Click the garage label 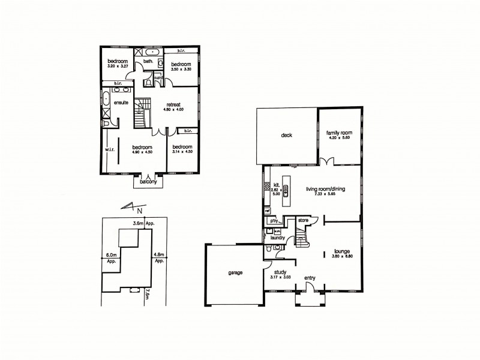(x=235, y=272)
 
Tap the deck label (x=286, y=136)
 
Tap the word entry (x=310, y=278)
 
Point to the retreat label (x=174, y=104)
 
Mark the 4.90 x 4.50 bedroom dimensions (x=142, y=152)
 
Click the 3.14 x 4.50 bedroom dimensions (x=182, y=152)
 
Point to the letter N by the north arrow (x=139, y=211)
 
